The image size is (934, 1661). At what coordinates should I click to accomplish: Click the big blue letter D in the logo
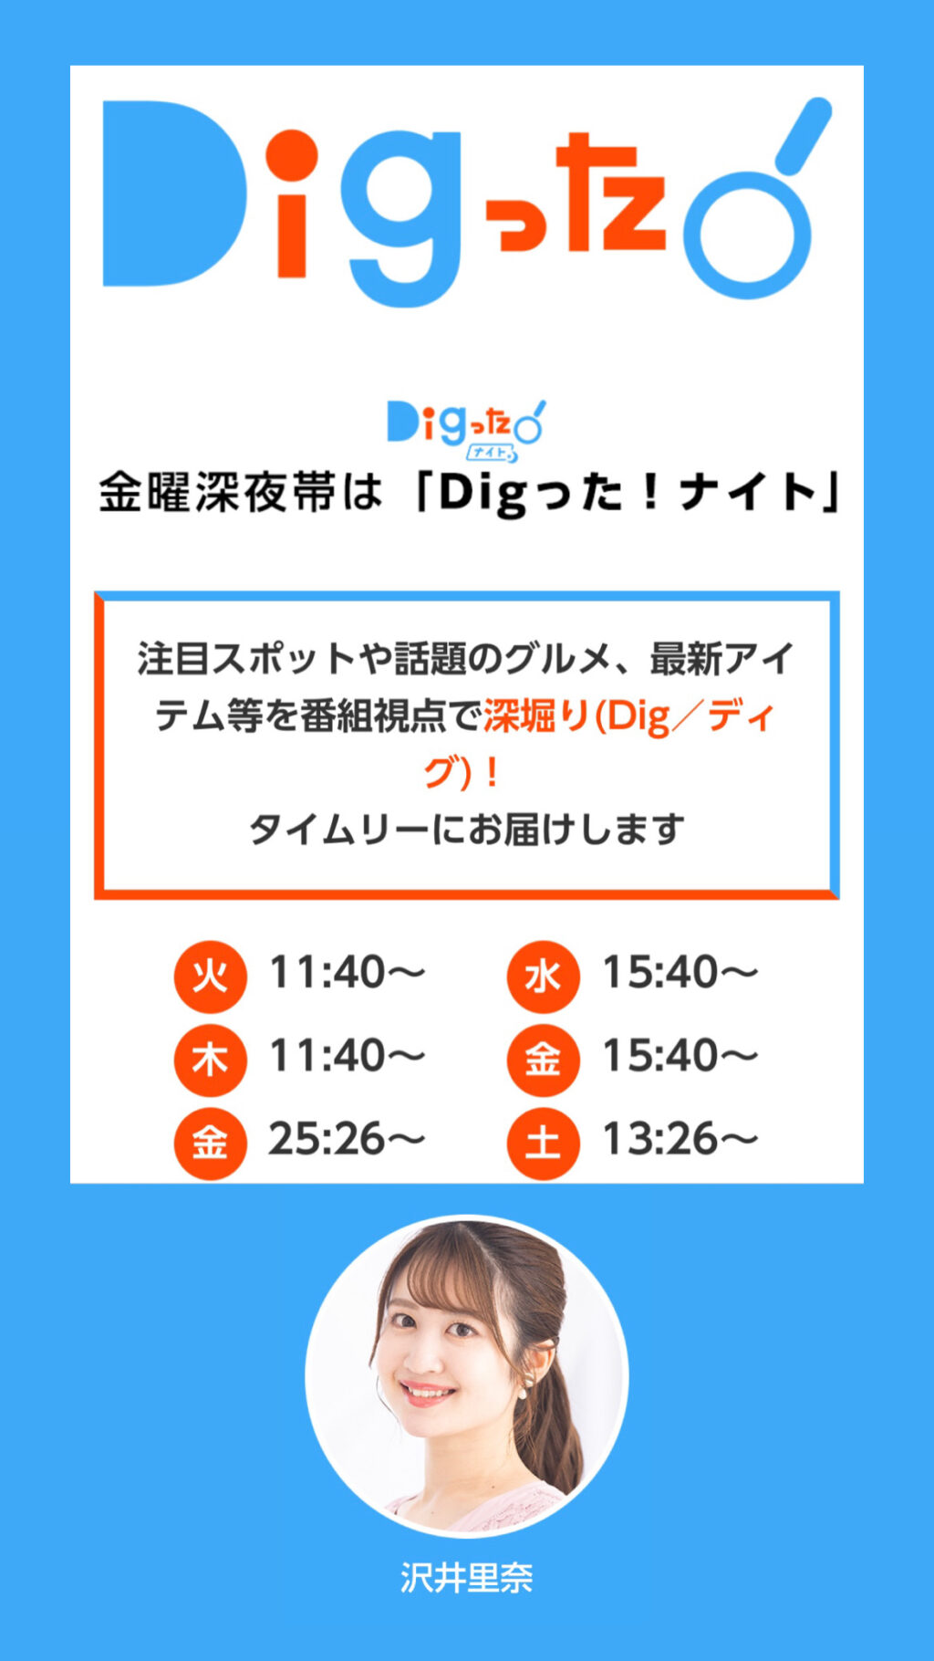[174, 193]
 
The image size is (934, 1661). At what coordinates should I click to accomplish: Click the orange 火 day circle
[211, 977]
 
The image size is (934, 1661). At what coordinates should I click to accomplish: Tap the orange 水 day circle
[544, 977]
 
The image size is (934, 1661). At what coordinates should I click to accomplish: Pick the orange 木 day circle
[211, 1060]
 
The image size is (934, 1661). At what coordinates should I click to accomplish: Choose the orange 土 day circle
[544, 1143]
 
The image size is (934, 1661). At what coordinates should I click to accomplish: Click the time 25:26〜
[347, 1139]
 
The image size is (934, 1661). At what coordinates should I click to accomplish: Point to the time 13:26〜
[680, 1139]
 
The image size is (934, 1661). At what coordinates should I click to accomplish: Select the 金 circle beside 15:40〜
[544, 1060]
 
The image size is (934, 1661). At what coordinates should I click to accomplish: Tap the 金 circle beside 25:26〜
[211, 1143]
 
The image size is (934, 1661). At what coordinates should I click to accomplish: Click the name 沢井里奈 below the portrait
[467, 1578]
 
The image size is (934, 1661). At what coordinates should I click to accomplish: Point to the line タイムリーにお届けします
[467, 830]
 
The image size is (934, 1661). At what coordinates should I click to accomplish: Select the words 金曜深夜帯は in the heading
[241, 493]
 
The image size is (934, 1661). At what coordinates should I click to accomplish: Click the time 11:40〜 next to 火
[347, 973]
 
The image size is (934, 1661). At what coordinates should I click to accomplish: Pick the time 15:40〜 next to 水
[680, 973]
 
